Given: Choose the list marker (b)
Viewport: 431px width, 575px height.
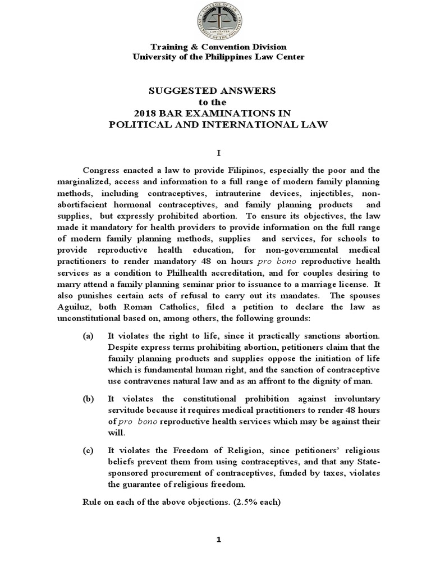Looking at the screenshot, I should tap(88, 398).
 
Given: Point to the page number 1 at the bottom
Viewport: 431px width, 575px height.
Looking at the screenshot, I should tap(220, 540).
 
